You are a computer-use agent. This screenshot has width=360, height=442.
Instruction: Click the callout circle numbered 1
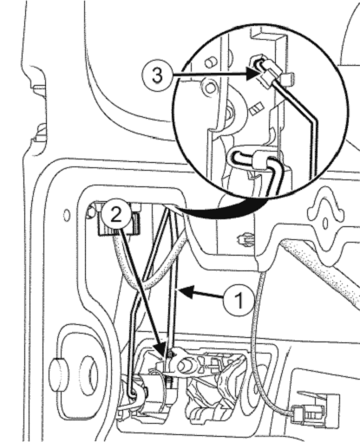click(239, 301)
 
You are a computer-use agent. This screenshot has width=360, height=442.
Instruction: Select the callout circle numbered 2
click(115, 216)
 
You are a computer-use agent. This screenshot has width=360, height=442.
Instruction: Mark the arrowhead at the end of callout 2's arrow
click(163, 350)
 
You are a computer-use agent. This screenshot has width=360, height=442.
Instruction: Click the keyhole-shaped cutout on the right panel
click(325, 218)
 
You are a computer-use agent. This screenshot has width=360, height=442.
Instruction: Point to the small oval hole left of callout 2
click(67, 216)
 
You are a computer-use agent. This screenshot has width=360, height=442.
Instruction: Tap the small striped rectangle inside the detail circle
click(256, 109)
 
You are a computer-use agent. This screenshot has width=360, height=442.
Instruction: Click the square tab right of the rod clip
click(288, 79)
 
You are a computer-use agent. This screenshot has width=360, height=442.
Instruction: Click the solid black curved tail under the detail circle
click(219, 210)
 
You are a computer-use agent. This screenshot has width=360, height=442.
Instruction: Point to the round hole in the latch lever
click(184, 367)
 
